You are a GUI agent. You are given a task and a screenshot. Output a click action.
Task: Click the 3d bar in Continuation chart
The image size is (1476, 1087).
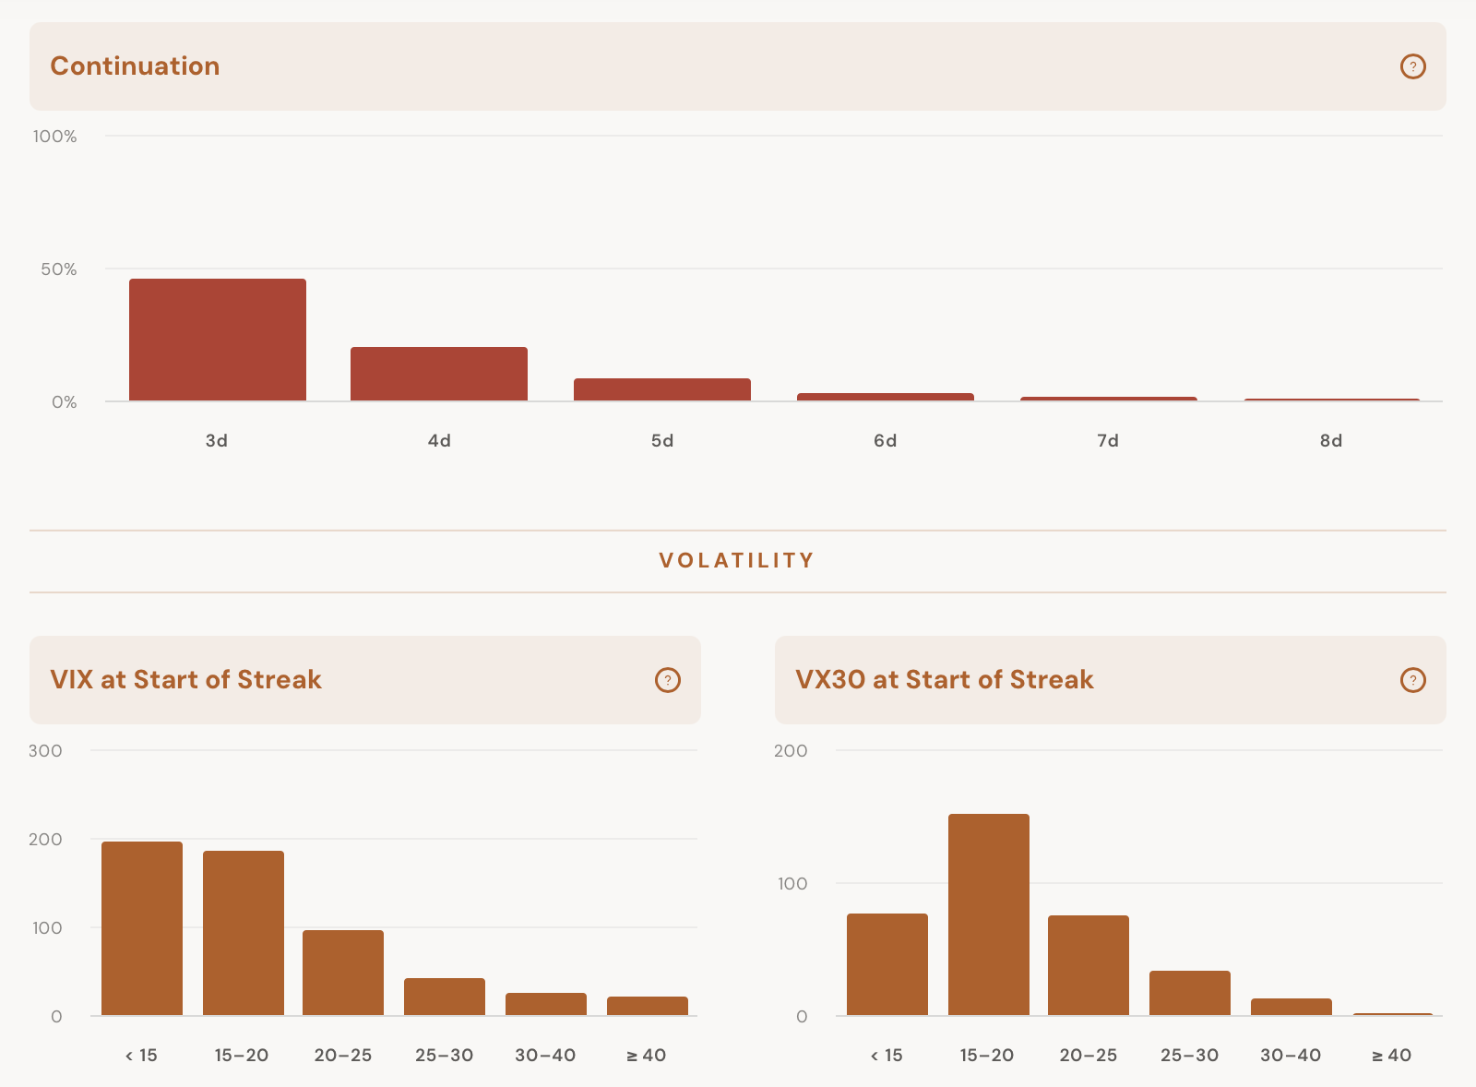click(x=218, y=340)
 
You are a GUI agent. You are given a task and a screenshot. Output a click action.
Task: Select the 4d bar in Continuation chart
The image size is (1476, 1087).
click(x=439, y=374)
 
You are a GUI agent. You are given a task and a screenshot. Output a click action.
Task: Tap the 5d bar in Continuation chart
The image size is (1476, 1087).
click(x=662, y=389)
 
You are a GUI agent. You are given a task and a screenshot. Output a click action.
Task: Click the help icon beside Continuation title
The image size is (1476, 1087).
click(x=1412, y=66)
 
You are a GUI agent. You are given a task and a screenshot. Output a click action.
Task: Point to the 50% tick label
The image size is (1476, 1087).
click(x=59, y=269)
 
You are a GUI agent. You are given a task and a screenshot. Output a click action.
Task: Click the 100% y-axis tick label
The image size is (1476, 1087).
click(x=54, y=137)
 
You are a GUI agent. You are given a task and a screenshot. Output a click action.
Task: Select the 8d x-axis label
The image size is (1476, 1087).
click(x=1331, y=440)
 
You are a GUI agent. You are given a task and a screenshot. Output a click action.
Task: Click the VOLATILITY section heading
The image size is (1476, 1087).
click(x=737, y=560)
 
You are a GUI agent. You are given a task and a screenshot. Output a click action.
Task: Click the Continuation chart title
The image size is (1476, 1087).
click(x=135, y=66)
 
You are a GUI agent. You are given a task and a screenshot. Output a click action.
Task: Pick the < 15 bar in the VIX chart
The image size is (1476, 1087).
click(x=142, y=928)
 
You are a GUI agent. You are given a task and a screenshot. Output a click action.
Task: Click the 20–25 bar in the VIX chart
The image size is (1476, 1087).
click(x=343, y=973)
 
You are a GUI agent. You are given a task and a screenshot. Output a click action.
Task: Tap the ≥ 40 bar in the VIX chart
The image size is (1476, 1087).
click(x=648, y=1006)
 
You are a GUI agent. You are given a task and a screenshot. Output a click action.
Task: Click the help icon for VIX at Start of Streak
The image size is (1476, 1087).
click(x=668, y=680)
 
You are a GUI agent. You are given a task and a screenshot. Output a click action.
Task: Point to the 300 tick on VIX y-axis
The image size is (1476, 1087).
click(x=45, y=751)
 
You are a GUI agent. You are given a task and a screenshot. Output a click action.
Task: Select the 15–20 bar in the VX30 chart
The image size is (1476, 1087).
click(x=989, y=915)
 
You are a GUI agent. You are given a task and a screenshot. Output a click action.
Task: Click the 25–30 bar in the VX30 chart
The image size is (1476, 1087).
click(x=1190, y=994)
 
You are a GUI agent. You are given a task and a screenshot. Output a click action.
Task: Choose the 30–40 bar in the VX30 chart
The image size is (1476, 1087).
click(x=1291, y=1008)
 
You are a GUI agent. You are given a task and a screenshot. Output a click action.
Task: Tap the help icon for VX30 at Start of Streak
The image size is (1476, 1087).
click(x=1412, y=680)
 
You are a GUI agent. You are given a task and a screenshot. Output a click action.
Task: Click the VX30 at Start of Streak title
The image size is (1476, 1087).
click(x=945, y=680)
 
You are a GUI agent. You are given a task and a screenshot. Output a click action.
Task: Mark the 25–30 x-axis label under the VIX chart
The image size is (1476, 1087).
click(x=444, y=1056)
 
